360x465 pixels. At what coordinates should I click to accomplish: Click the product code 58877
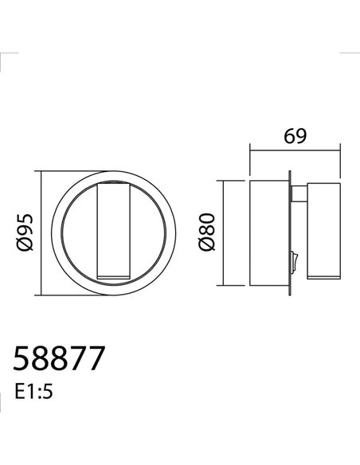[x=60, y=359]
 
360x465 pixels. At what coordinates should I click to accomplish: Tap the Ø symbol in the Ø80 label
[x=207, y=246]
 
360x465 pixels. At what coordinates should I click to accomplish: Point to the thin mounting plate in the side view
[x=289, y=231]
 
